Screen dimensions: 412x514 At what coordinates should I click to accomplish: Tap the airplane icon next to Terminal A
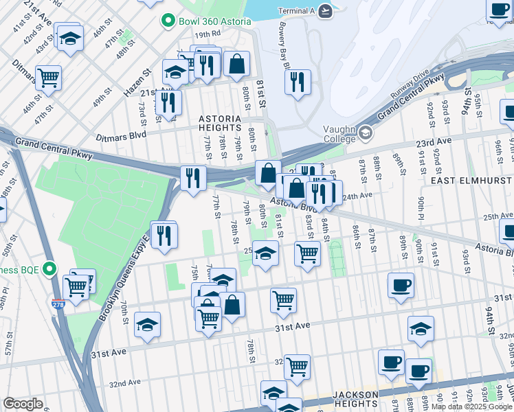(326, 11)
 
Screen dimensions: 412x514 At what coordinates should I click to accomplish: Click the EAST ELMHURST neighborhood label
(471, 179)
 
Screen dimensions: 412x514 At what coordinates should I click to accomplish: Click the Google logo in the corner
(23, 403)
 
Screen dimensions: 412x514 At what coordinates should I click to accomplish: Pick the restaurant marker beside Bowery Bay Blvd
(298, 82)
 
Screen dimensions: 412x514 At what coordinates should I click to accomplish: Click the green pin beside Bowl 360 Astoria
(166, 21)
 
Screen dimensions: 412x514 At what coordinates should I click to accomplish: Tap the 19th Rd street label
(206, 34)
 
